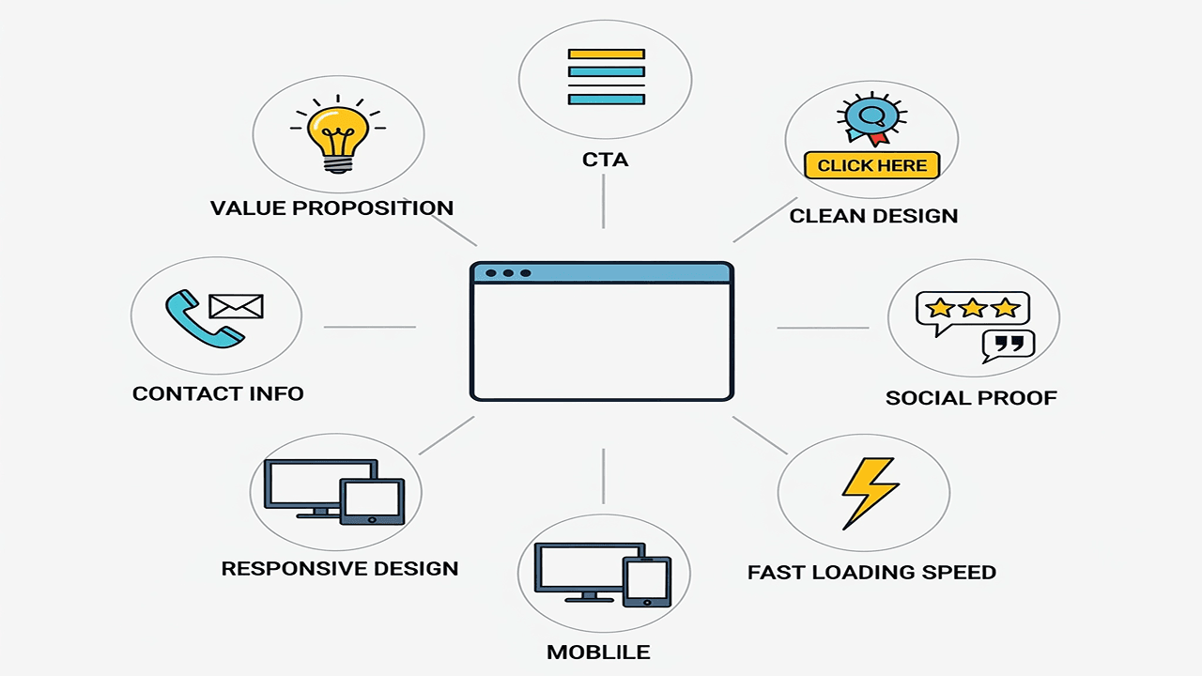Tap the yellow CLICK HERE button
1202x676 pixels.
(871, 165)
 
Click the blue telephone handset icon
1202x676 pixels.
(201, 320)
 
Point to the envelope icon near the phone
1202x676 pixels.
(236, 306)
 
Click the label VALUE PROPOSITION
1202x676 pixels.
(331, 207)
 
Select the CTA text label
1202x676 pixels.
(606, 160)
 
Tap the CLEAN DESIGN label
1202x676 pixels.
(873, 216)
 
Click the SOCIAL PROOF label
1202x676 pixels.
(971, 398)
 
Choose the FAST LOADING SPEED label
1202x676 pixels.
(871, 572)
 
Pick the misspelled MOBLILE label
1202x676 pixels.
(598, 652)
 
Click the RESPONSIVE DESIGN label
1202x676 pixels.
(340, 568)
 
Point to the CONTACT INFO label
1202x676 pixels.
(218, 393)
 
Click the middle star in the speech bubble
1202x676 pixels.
(972, 307)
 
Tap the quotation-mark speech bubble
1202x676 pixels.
(1008, 345)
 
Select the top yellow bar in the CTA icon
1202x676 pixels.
(606, 54)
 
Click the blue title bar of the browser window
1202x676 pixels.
(601, 273)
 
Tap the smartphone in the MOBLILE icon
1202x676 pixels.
(646, 581)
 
